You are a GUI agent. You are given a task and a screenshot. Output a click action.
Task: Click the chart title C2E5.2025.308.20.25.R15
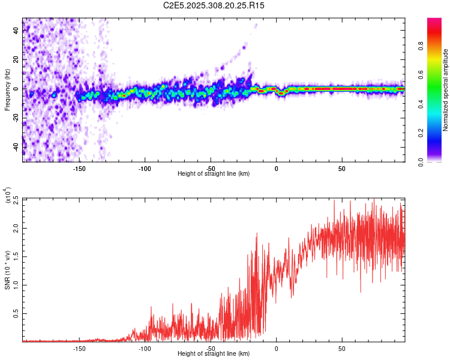(214, 5)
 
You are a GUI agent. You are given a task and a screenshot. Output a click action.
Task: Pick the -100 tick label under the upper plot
(145, 169)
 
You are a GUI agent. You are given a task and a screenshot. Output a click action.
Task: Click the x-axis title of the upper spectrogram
(214, 174)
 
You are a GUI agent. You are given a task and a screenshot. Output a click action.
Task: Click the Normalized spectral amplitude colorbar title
(446, 91)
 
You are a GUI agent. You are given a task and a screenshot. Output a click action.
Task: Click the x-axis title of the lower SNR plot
(214, 354)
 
